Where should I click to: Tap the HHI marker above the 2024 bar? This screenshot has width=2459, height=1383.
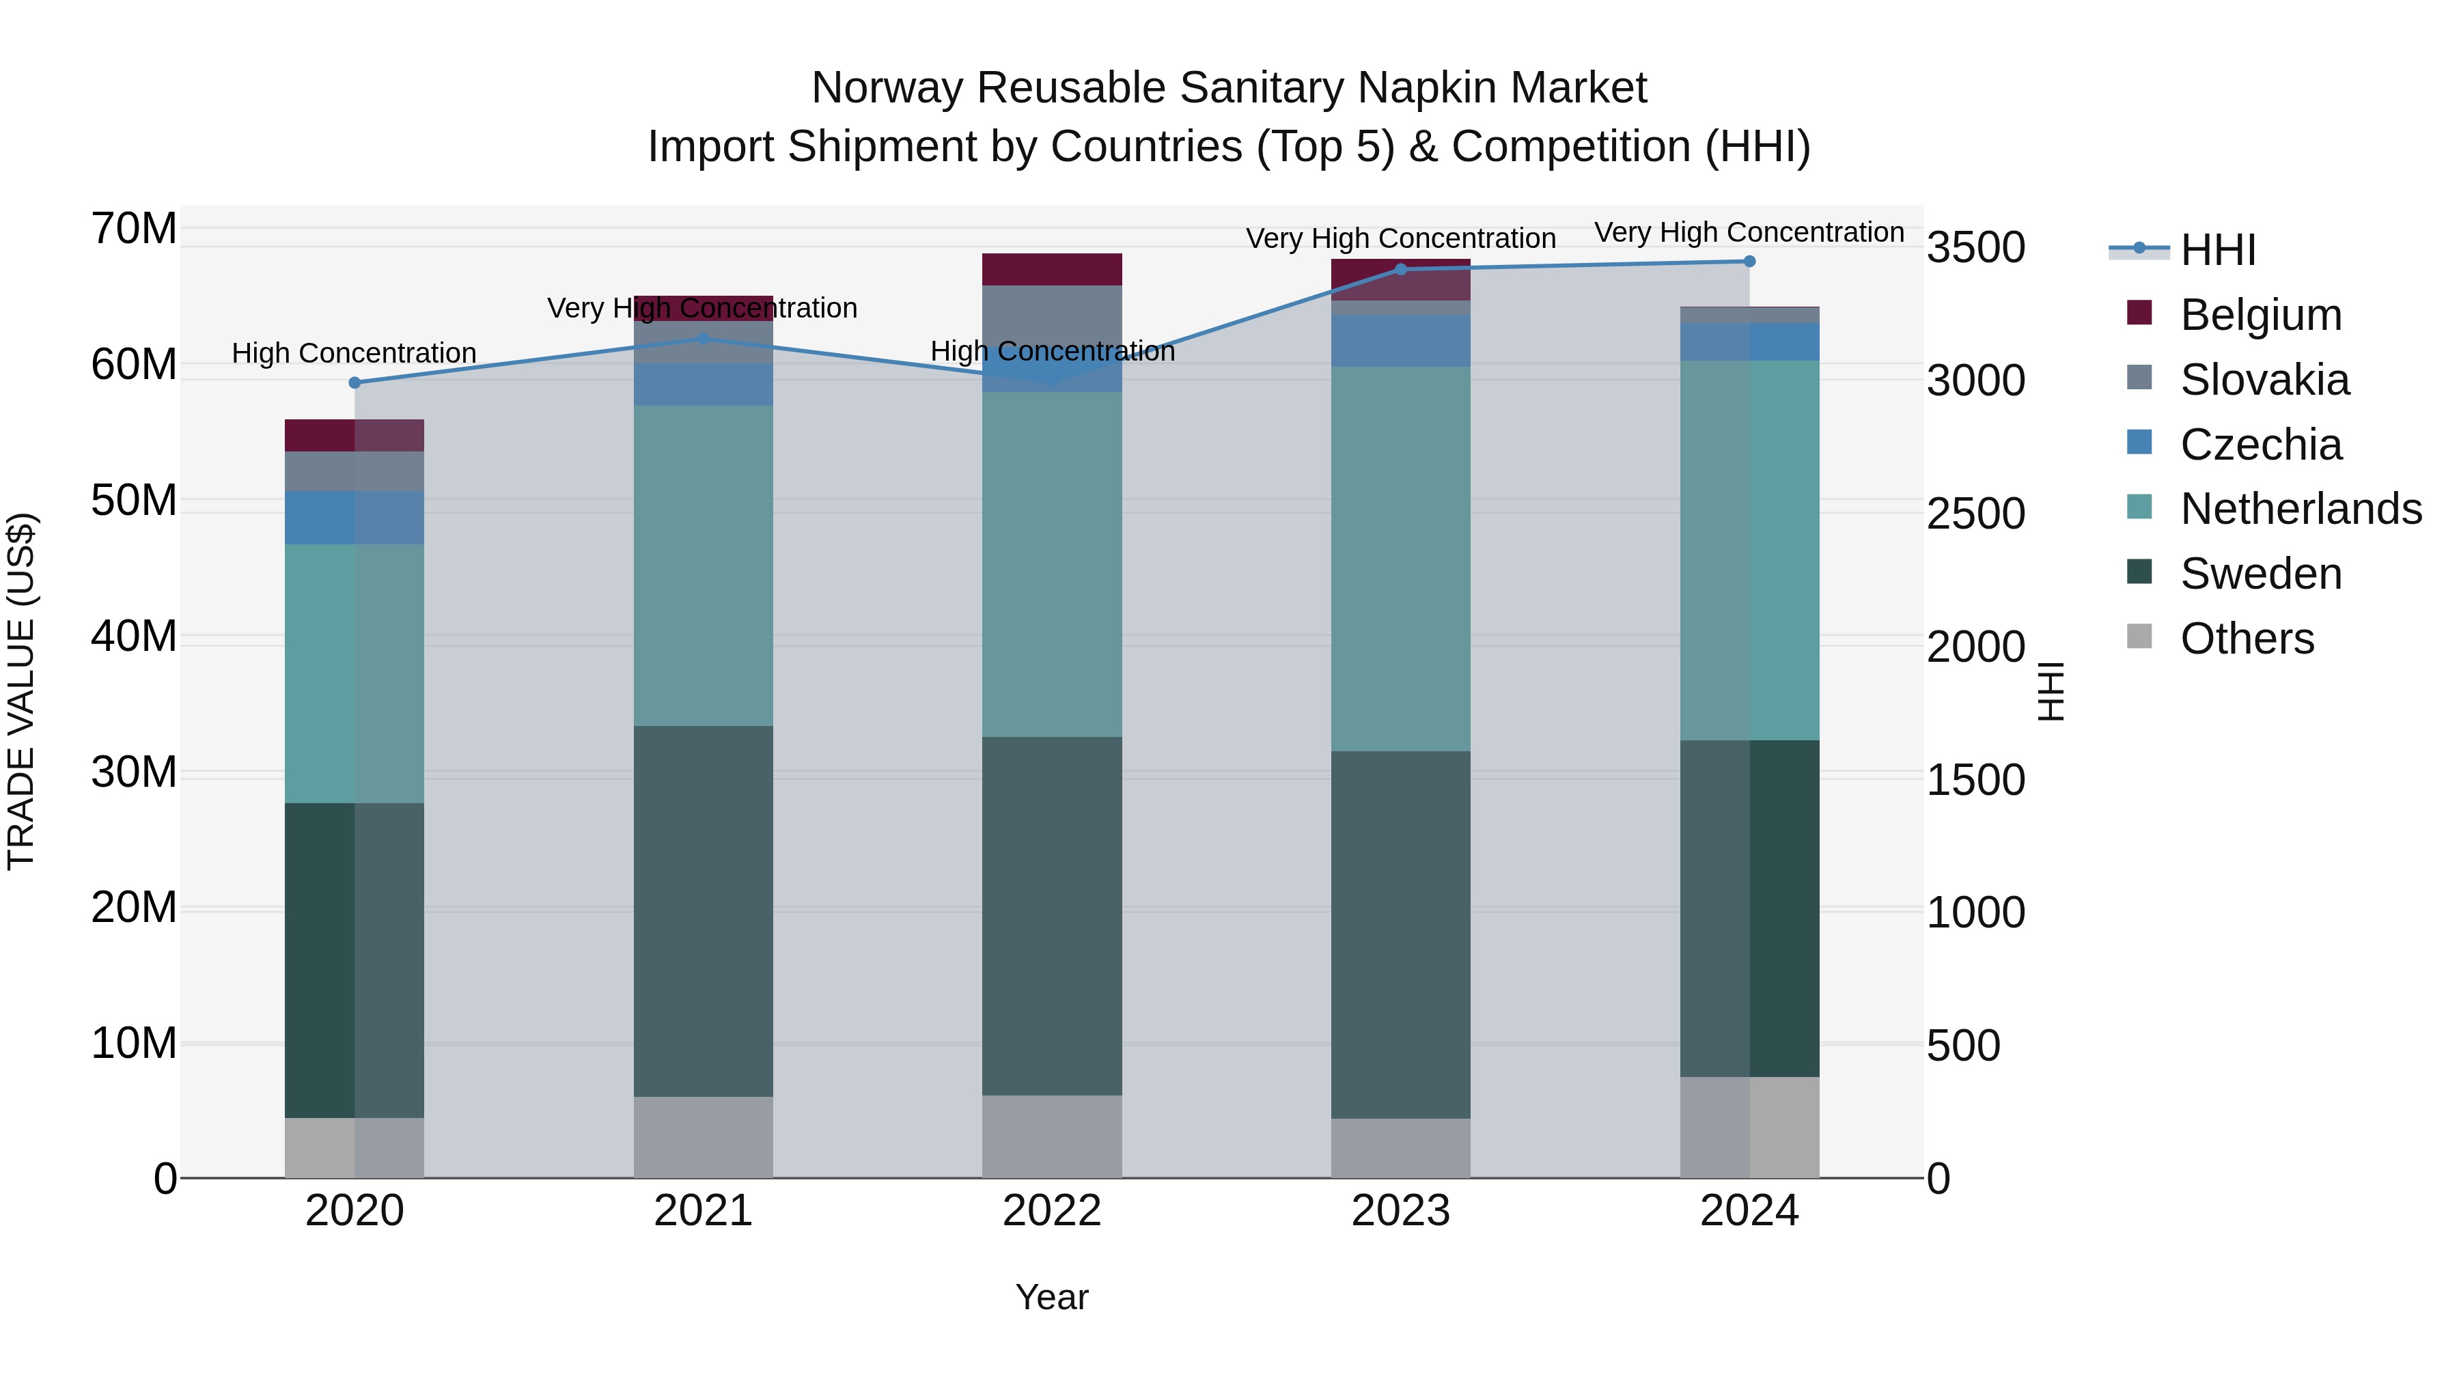pos(1749,262)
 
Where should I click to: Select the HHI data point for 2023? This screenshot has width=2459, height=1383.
pos(1400,269)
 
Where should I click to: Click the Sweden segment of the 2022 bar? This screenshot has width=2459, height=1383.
pos(1052,917)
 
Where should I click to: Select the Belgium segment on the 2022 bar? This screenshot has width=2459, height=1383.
pos(1052,269)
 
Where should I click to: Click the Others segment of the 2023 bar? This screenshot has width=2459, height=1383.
pos(1400,1147)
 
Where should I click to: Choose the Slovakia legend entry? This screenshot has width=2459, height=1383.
pos(2264,380)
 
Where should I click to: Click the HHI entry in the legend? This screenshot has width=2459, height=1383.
pos(2217,250)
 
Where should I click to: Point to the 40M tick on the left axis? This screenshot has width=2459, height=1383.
pos(134,636)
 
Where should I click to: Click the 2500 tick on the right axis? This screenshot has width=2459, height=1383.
pos(1975,514)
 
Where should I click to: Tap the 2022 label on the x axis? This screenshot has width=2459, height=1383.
pos(1052,1211)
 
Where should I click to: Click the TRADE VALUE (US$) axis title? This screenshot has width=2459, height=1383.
pos(21,691)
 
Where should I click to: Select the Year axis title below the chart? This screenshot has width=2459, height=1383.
pos(1052,1297)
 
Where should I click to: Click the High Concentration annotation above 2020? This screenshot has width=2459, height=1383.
pos(354,353)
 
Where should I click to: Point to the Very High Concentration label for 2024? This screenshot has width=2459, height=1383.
pos(1749,232)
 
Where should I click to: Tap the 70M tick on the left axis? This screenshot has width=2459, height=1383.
pos(134,229)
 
